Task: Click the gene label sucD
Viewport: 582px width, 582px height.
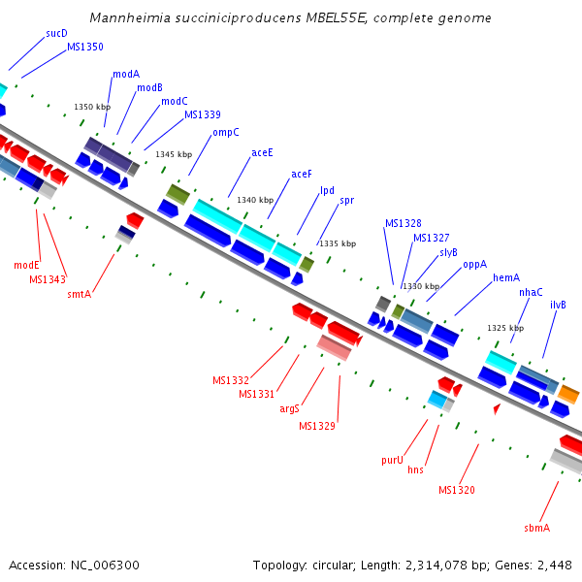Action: (x=56, y=33)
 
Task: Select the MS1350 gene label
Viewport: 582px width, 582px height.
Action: (x=85, y=47)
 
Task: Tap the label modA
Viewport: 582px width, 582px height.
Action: (x=126, y=74)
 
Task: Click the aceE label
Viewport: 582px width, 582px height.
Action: (x=262, y=152)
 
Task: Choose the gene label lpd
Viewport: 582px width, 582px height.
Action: (x=327, y=190)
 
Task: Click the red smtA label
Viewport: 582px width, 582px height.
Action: (x=79, y=293)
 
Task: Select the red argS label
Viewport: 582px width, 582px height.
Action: (x=289, y=408)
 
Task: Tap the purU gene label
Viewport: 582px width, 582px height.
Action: (x=392, y=460)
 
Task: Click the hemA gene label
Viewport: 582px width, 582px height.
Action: (x=506, y=277)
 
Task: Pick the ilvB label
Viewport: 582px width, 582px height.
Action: (x=558, y=305)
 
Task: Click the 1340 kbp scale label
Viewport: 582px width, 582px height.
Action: (x=255, y=200)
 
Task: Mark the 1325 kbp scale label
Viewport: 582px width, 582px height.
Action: (x=505, y=328)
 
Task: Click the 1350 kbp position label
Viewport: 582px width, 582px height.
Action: (x=92, y=107)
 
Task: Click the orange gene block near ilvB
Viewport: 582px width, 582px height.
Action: (x=568, y=394)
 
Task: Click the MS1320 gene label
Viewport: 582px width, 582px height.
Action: (x=457, y=490)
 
